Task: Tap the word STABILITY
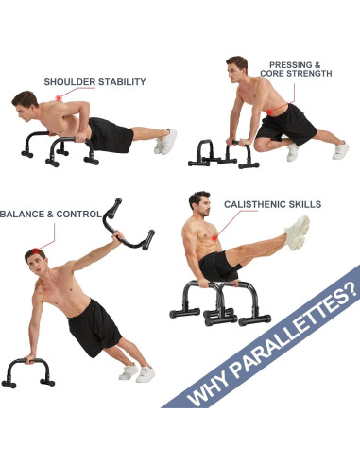125,82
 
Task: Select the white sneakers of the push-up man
165,142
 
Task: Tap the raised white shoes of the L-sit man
298,232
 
